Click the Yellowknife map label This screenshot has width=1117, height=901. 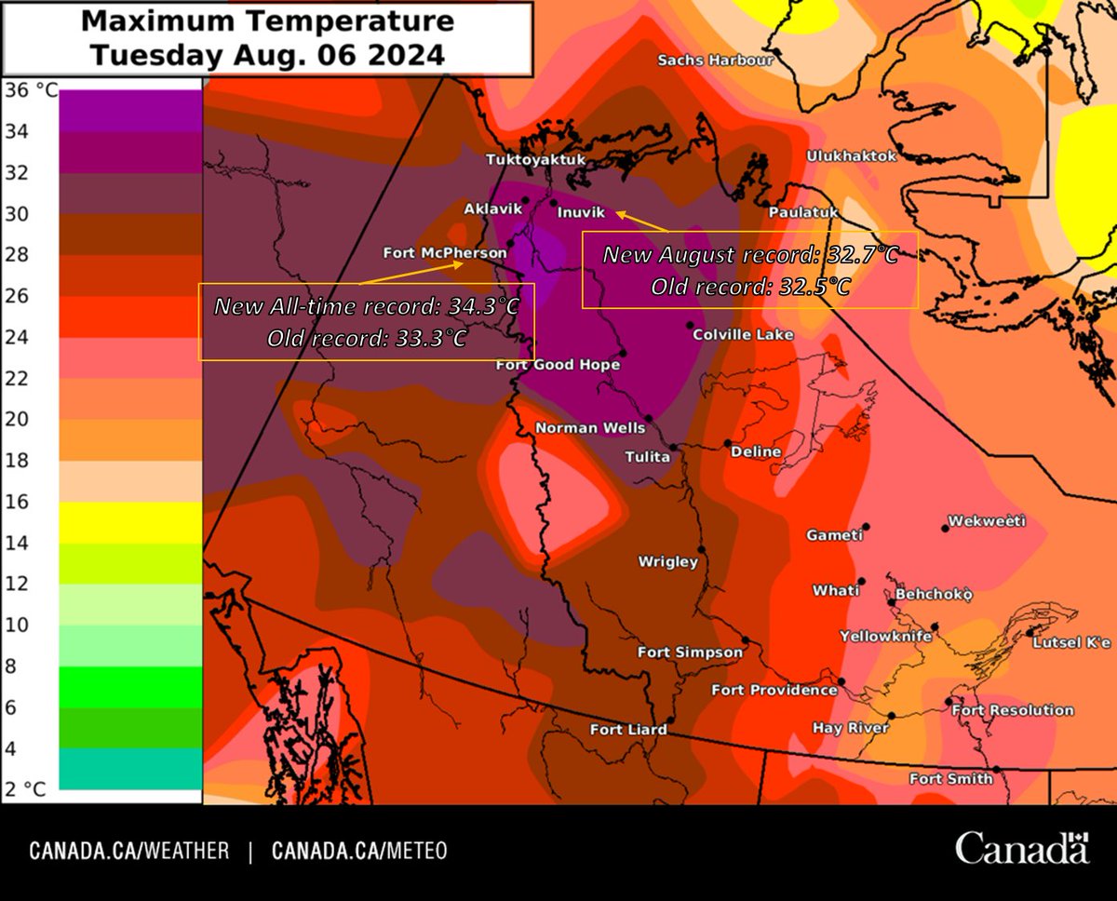(x=885, y=637)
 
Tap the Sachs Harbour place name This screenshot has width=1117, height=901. (x=715, y=60)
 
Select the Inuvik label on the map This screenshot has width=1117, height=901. (x=581, y=213)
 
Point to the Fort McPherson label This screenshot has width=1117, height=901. (x=445, y=253)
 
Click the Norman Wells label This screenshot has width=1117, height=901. (x=589, y=428)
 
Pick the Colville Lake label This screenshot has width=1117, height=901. (x=743, y=334)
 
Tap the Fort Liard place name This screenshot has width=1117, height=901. (x=628, y=730)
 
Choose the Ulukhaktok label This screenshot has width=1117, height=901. (x=851, y=155)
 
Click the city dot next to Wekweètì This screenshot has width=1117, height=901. (x=945, y=528)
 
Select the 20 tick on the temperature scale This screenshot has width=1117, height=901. (x=18, y=420)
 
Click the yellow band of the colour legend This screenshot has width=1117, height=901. (x=129, y=522)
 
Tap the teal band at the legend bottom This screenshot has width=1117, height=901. (x=129, y=769)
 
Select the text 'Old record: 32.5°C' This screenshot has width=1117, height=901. (x=750, y=287)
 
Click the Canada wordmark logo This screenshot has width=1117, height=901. (x=1021, y=848)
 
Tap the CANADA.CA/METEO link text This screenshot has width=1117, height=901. (x=359, y=851)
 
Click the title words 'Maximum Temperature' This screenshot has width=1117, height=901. (x=267, y=20)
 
